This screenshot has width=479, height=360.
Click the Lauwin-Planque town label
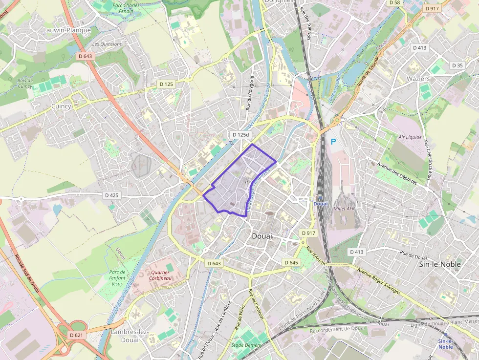point(67,30)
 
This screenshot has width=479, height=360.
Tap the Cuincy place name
point(62,106)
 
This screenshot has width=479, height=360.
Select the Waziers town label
point(418,79)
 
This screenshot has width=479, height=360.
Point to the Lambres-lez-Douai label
point(130,336)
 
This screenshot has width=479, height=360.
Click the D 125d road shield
point(240,134)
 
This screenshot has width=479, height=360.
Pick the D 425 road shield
point(112,195)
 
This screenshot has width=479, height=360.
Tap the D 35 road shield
point(457,65)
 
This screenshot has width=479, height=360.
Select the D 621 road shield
point(77,335)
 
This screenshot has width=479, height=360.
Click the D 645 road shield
point(291,263)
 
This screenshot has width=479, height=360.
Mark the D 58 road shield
point(394,2)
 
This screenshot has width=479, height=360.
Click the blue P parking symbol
point(334,142)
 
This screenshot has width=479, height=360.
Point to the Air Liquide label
point(410,137)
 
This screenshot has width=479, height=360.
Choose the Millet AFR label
point(344,209)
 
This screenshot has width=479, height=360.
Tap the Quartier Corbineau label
point(161,275)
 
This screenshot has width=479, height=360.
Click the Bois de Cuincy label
point(24,83)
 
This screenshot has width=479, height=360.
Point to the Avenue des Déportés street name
point(396,173)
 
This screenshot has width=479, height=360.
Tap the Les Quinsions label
point(107,44)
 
